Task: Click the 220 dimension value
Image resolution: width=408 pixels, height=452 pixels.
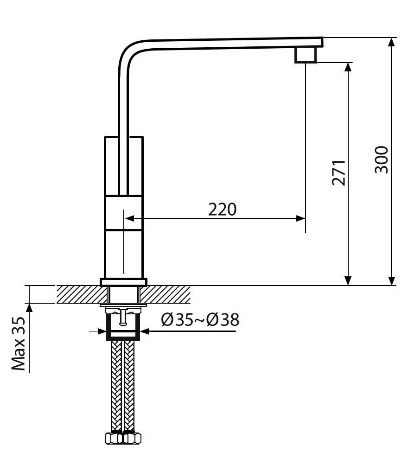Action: (x=222, y=210)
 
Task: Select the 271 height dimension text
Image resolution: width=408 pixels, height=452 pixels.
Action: (x=338, y=172)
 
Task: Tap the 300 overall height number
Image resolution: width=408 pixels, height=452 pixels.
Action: (x=382, y=159)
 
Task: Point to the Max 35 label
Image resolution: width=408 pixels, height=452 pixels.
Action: (x=19, y=344)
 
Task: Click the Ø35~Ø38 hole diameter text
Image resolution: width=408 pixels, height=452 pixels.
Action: (x=200, y=320)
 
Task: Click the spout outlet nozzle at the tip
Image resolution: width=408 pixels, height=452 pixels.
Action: (x=306, y=55)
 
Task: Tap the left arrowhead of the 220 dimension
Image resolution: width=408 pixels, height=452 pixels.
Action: (x=130, y=218)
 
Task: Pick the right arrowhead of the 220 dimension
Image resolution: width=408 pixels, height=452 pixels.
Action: (x=301, y=218)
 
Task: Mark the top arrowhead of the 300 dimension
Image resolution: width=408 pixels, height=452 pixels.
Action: (x=391, y=42)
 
